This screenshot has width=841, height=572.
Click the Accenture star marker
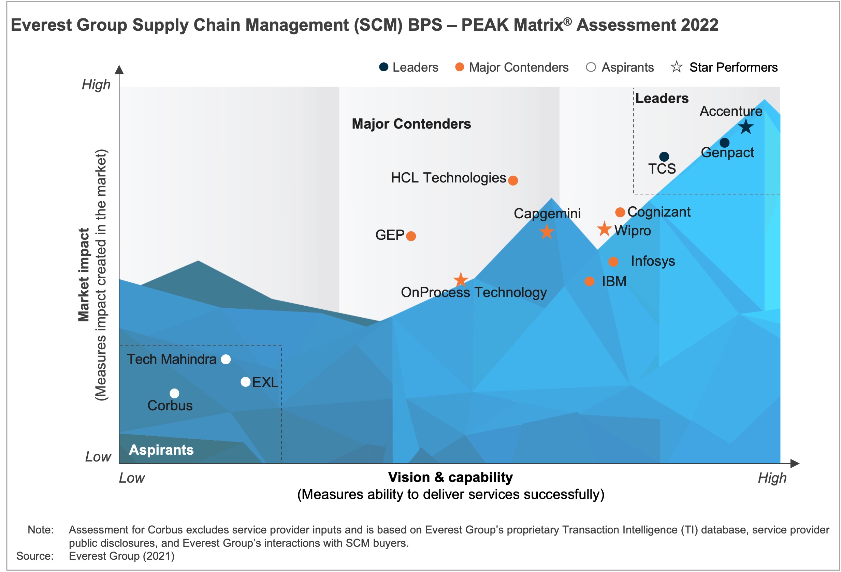point(746,127)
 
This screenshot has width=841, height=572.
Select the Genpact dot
point(724,143)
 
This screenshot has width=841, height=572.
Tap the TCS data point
point(664,157)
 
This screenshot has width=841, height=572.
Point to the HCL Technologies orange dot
point(513,180)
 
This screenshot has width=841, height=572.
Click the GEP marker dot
point(411,236)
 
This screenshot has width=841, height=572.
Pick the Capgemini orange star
point(547,232)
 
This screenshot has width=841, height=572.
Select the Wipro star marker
point(604,229)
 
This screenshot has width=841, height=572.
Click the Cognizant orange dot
point(620,212)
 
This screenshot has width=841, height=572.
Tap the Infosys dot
point(613,262)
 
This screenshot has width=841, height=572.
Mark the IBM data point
point(590,281)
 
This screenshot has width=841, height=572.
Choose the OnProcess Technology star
point(461,280)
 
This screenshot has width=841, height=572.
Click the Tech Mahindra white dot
point(226,359)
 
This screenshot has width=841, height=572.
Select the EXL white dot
point(246,382)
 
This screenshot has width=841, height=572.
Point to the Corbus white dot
point(174,393)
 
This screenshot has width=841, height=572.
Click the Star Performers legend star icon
point(676,67)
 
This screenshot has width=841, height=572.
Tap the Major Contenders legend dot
point(460,67)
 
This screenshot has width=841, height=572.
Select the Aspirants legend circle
point(591,67)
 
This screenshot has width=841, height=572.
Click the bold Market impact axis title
point(84,275)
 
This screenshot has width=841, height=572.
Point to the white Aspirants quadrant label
point(161,450)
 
